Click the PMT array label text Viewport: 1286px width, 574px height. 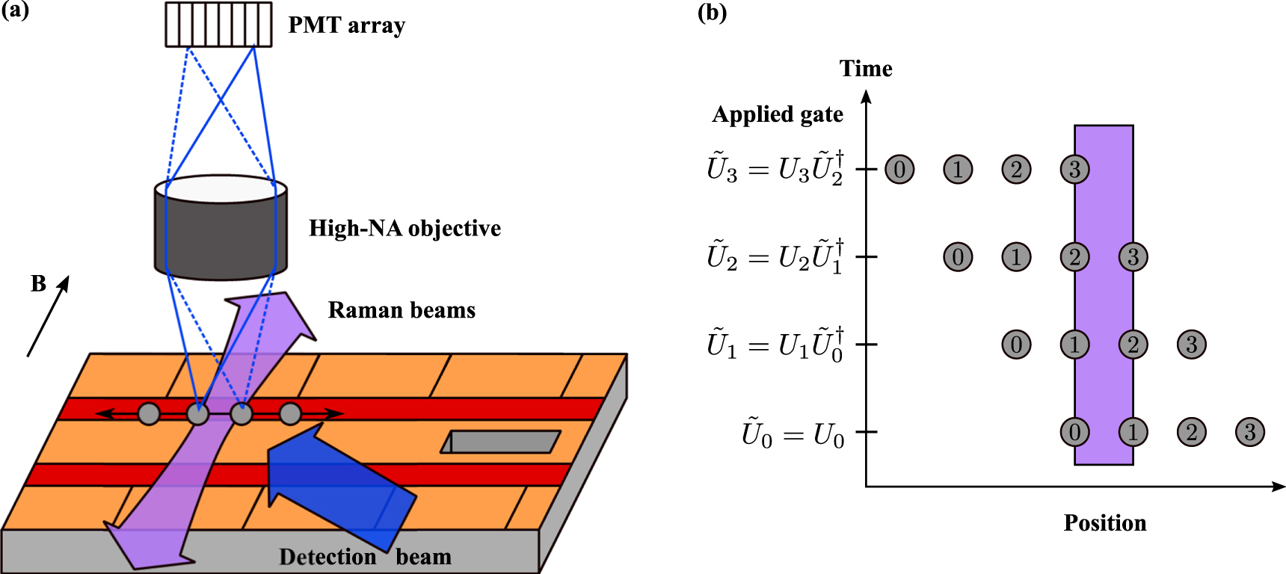coord(346,25)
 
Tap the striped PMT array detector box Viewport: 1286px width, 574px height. coord(218,25)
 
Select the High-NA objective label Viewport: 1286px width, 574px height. coord(404,229)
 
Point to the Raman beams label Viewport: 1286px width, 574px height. coord(402,310)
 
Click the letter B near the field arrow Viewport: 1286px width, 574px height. coord(38,284)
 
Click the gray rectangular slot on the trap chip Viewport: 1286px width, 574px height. coord(502,442)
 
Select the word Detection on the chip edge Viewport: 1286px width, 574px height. coord(327,557)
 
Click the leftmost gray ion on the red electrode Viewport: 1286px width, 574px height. coord(149,413)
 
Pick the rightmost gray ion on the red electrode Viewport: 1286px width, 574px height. coord(290,413)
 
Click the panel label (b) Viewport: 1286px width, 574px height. coord(712,13)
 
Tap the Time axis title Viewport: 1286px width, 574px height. coord(866,69)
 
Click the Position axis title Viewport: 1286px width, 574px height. coord(1104,523)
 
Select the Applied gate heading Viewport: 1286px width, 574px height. coord(778,114)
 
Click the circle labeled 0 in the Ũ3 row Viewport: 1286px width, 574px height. coord(899,169)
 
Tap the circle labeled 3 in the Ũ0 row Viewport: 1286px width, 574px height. coord(1249,432)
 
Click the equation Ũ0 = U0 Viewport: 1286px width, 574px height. coord(793,433)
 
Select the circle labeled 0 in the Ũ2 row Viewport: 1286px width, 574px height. coord(958,257)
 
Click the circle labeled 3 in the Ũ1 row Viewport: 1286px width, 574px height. coord(1191,345)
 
